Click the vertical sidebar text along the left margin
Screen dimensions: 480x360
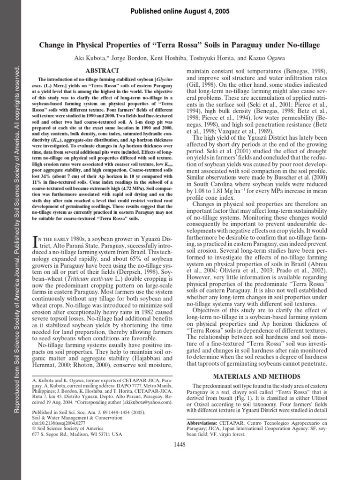pos(18,234)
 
